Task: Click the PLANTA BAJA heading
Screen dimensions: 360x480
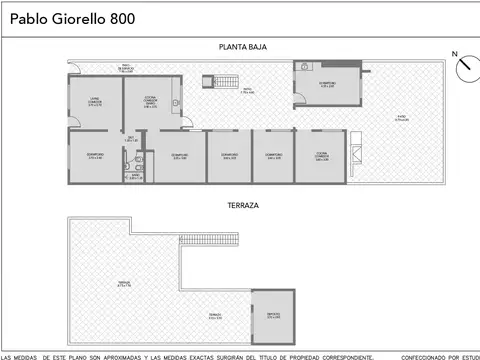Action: tap(242, 47)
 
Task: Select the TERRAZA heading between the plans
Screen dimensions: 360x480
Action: tap(242, 205)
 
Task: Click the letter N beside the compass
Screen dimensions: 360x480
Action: tap(454, 54)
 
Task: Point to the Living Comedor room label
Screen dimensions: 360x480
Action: tap(95, 100)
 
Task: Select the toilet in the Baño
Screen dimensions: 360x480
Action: tap(140, 159)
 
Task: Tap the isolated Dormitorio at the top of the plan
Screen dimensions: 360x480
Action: tap(327, 84)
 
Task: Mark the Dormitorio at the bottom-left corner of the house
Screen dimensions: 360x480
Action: tap(96, 157)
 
